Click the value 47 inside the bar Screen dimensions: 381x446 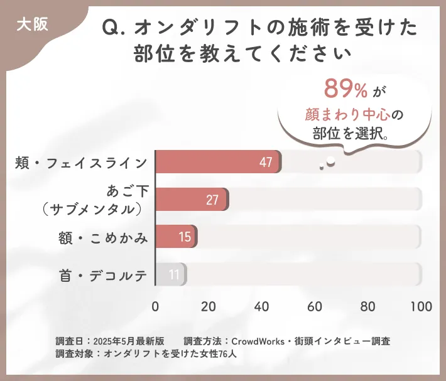pos(266,163)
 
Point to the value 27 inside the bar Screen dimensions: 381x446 pos(212,200)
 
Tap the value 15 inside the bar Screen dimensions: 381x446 pos(184,237)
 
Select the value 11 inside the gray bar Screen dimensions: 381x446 pos(174,274)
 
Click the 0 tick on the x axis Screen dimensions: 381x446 pos(155,306)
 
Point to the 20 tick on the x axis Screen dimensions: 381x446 pos(209,306)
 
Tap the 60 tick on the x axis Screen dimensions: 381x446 pos(315,306)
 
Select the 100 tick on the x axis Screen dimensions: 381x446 pos(421,306)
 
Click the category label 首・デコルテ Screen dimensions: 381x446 pos(104,275)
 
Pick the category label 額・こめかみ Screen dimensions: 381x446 pos(104,237)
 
